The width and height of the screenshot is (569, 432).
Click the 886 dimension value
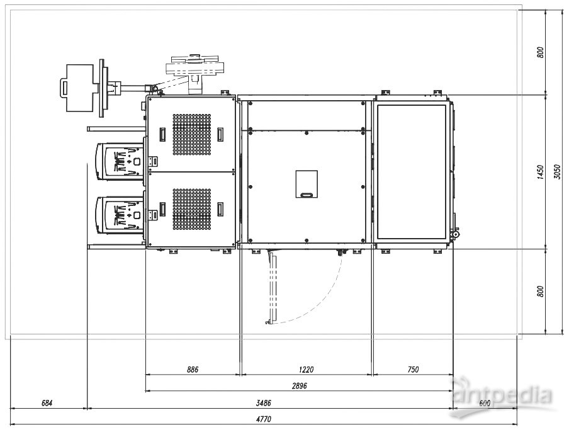point(193,370)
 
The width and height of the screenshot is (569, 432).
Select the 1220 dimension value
point(306,370)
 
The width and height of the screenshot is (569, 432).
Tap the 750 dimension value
point(413,370)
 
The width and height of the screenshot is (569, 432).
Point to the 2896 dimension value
point(300,385)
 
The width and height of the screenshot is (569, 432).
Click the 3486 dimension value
point(264,403)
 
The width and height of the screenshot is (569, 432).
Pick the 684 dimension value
point(47,403)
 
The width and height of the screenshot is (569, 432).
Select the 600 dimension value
point(485,403)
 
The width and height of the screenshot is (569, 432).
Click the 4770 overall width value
point(264,419)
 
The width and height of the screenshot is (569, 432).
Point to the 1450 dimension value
point(541,172)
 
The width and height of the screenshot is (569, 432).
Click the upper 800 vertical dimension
point(541,53)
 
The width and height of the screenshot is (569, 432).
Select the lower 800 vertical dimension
point(541,292)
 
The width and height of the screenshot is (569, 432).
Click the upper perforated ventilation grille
point(191,135)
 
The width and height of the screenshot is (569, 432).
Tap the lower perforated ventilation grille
point(191,209)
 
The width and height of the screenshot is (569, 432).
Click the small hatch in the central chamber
point(307,184)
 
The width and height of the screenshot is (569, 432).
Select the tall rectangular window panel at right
point(412,172)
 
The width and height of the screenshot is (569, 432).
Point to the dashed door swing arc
point(329,301)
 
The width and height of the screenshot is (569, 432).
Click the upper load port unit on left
point(119,161)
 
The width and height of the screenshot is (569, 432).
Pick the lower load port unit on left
point(119,215)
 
